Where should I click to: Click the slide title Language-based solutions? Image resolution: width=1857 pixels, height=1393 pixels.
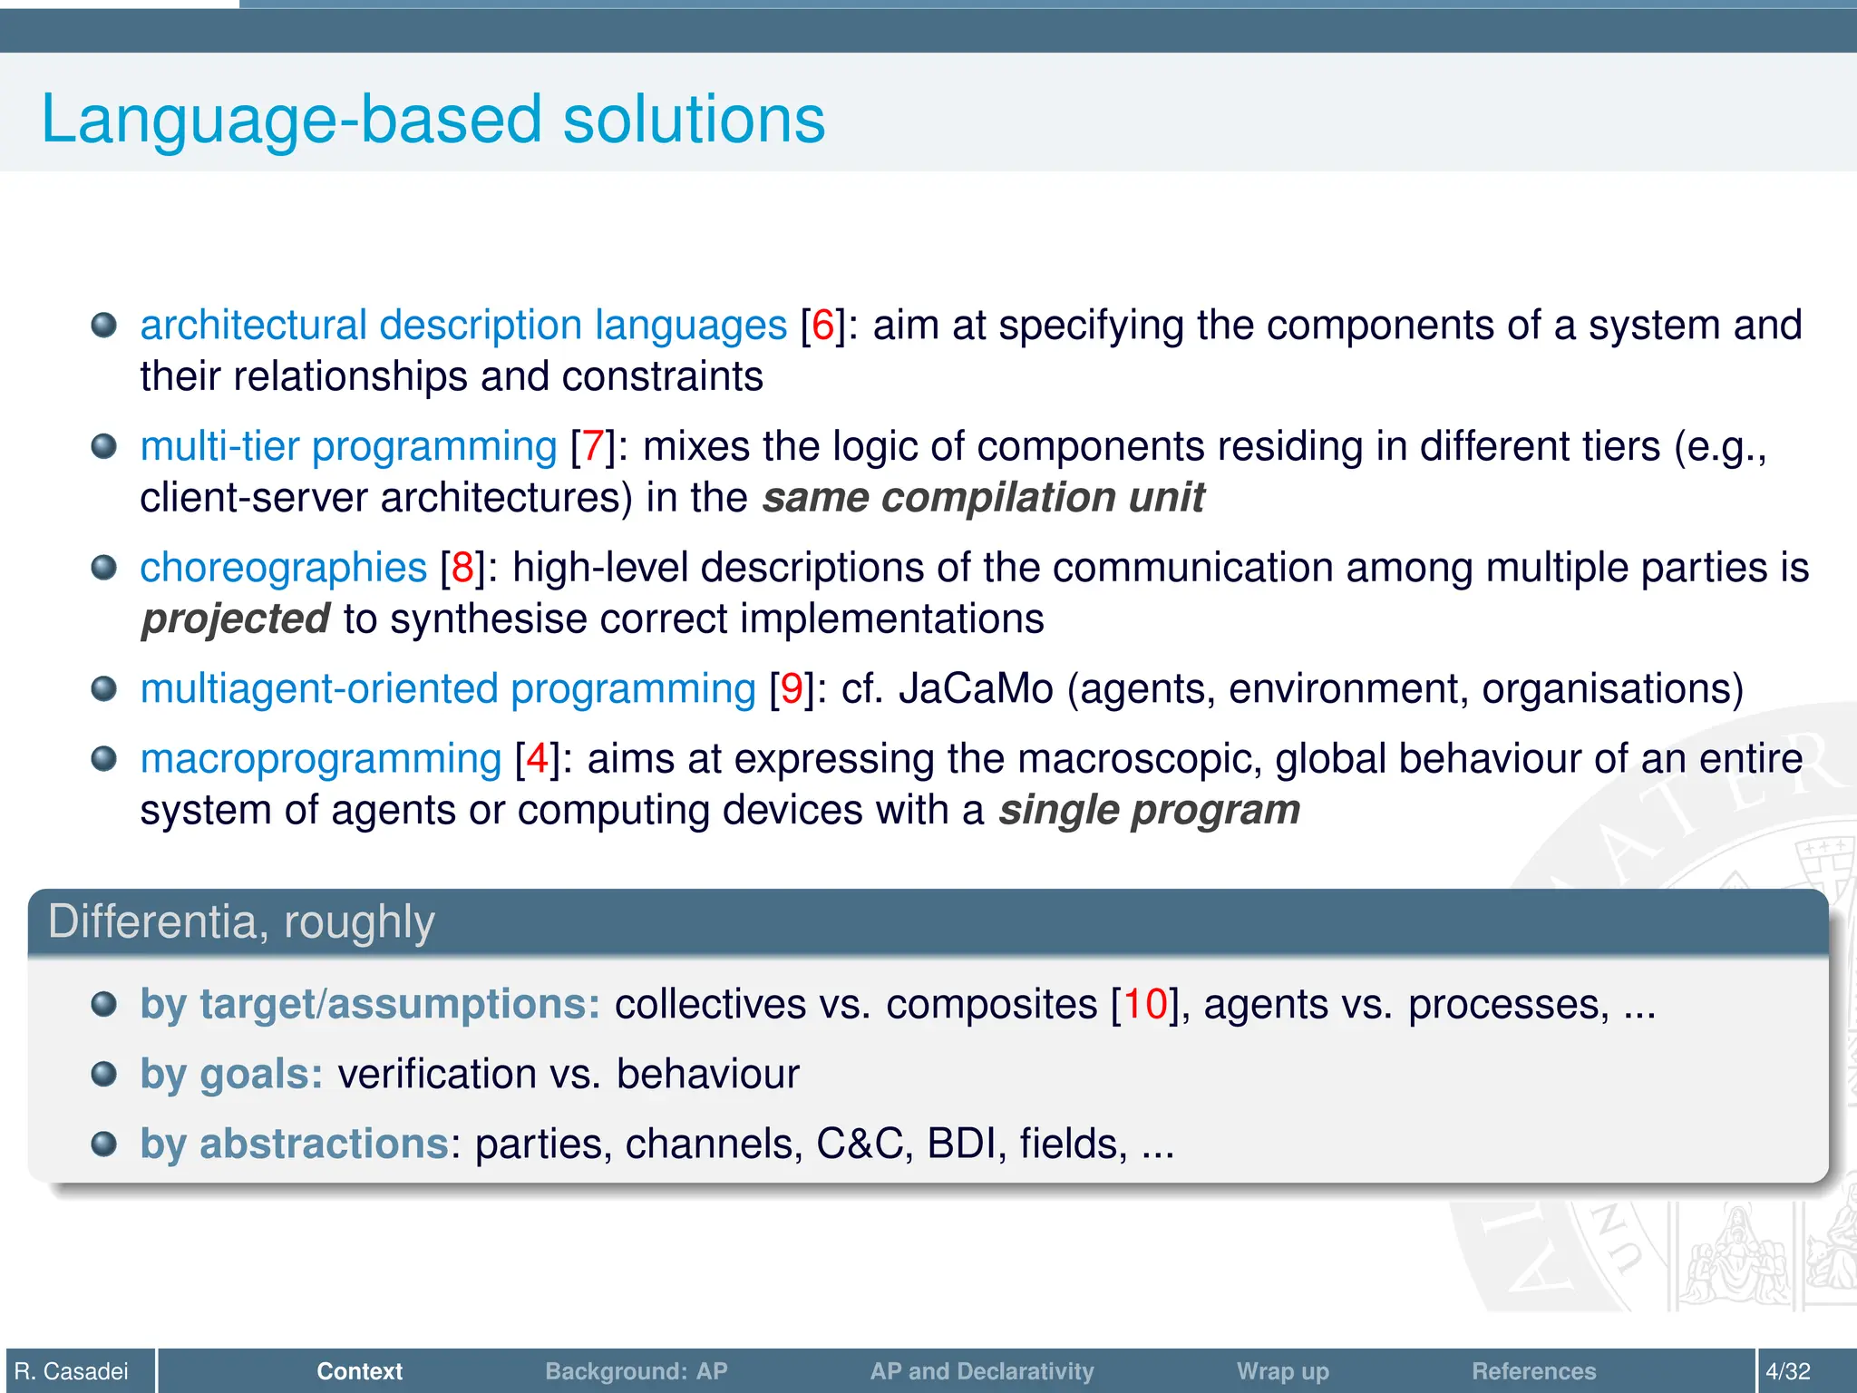(433, 119)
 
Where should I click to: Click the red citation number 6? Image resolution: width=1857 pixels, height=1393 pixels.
(822, 326)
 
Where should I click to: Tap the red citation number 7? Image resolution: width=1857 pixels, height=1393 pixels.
(593, 446)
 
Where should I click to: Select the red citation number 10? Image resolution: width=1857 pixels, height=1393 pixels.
(1145, 1004)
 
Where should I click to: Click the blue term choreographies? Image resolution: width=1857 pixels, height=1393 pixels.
(283, 568)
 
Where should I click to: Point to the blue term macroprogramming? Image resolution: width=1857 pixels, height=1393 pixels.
(321, 759)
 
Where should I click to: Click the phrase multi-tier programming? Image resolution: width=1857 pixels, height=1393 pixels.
(348, 446)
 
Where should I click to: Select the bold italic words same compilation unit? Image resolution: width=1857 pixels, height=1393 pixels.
(983, 498)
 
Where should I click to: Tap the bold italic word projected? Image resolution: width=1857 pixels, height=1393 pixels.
(235, 619)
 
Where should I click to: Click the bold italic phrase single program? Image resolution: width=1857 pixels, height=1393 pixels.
(1149, 810)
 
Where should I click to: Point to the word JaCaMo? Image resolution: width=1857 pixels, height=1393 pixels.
(976, 689)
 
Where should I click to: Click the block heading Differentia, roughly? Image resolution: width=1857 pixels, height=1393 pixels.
(241, 922)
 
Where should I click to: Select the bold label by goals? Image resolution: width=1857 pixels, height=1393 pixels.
(232, 1075)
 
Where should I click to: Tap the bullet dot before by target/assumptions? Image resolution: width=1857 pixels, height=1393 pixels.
(104, 1004)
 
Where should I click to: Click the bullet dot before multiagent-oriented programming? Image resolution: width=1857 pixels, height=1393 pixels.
(104, 689)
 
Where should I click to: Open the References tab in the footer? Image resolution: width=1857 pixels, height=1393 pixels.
(1533, 1371)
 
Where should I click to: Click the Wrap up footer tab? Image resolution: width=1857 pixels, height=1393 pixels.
(1282, 1371)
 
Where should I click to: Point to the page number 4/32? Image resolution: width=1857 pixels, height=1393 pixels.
(1787, 1371)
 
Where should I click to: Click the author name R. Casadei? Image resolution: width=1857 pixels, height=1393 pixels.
(73, 1371)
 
